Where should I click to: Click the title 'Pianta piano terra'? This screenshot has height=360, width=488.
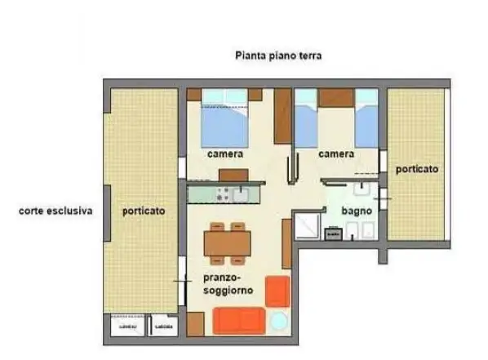(x=279, y=56)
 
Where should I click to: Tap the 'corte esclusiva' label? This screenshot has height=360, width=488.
(x=55, y=211)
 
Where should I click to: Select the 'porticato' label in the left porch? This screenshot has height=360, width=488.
(x=144, y=211)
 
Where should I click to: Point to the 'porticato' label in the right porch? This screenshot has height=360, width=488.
(x=416, y=170)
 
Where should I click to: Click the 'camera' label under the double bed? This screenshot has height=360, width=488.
(x=224, y=154)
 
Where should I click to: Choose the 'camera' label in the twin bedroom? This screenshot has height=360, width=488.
(x=335, y=154)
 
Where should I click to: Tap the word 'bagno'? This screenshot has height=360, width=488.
(x=357, y=211)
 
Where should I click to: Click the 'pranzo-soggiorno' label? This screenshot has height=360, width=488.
(x=228, y=283)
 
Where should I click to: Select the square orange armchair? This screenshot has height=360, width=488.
(x=278, y=289)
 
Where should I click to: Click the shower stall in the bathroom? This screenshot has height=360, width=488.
(x=308, y=226)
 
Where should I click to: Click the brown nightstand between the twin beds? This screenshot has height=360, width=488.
(x=335, y=97)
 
